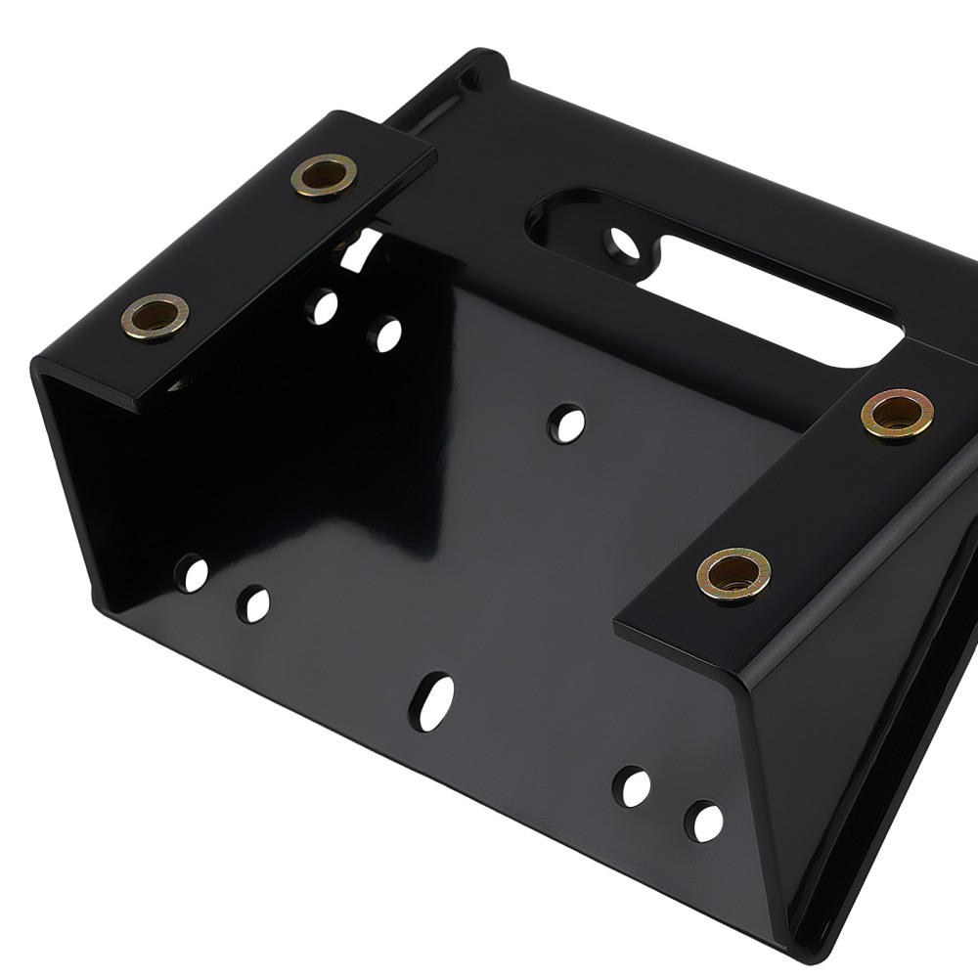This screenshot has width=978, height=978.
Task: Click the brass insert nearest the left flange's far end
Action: (324, 176)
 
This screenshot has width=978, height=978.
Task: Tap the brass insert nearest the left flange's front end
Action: (156, 317)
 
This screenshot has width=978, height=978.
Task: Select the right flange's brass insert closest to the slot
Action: (897, 415)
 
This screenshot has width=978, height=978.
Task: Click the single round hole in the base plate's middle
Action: (566, 423)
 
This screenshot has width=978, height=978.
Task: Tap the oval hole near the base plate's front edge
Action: (431, 700)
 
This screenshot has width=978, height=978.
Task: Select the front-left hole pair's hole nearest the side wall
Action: (192, 573)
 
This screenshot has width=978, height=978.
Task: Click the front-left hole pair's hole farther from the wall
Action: (254, 604)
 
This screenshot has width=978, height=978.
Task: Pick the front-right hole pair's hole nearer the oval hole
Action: (632, 786)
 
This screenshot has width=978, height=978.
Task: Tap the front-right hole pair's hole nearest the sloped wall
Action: (703, 821)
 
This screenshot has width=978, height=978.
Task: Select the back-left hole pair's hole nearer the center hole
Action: (384, 334)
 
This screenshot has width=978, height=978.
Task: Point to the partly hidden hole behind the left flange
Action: (358, 244)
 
